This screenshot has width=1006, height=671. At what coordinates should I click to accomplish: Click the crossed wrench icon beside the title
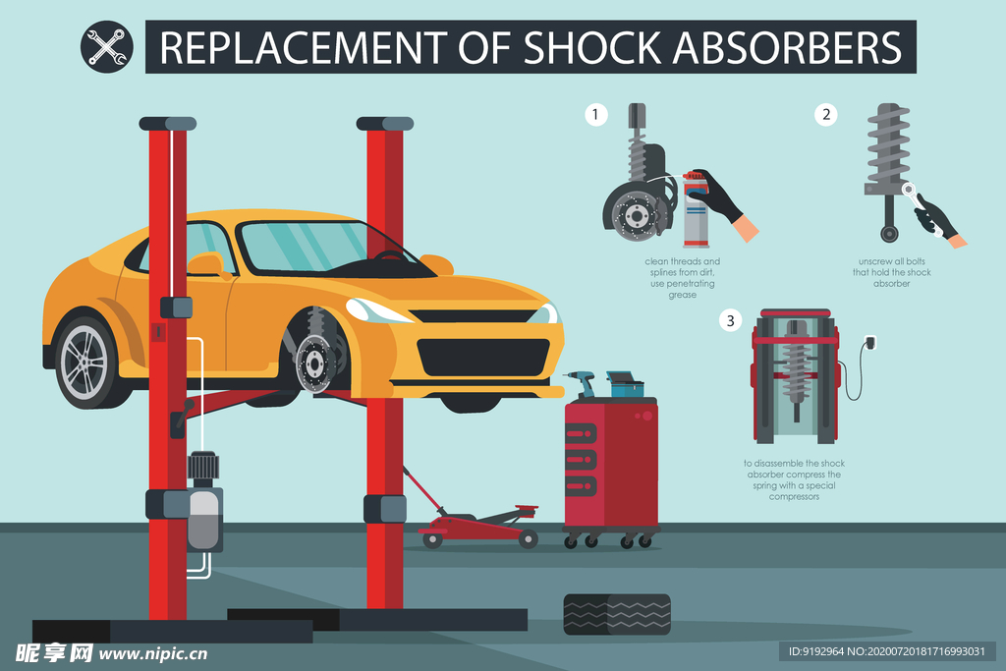(x=106, y=47)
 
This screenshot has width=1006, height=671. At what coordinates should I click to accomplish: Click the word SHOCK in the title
(x=592, y=47)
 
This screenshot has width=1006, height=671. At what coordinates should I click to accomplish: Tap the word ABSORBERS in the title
(x=787, y=47)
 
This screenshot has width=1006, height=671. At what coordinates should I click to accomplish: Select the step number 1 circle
(x=596, y=115)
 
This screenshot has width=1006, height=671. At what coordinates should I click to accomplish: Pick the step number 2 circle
(x=825, y=115)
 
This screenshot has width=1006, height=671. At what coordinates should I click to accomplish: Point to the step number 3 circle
(x=730, y=320)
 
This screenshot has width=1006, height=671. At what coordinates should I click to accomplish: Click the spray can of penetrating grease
(x=697, y=210)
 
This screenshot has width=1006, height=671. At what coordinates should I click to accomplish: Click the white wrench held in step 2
(x=921, y=206)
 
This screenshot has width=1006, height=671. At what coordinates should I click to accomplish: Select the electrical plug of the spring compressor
(x=869, y=343)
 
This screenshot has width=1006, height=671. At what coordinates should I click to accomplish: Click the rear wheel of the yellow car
(x=85, y=362)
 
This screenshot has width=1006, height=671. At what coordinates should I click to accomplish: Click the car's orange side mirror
(x=204, y=264)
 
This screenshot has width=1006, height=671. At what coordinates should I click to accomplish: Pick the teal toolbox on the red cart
(x=625, y=384)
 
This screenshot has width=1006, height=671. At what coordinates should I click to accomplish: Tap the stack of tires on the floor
(x=617, y=615)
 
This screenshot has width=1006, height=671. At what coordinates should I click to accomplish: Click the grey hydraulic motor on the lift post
(x=204, y=502)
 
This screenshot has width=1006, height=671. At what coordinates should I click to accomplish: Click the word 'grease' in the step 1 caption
(x=682, y=295)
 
